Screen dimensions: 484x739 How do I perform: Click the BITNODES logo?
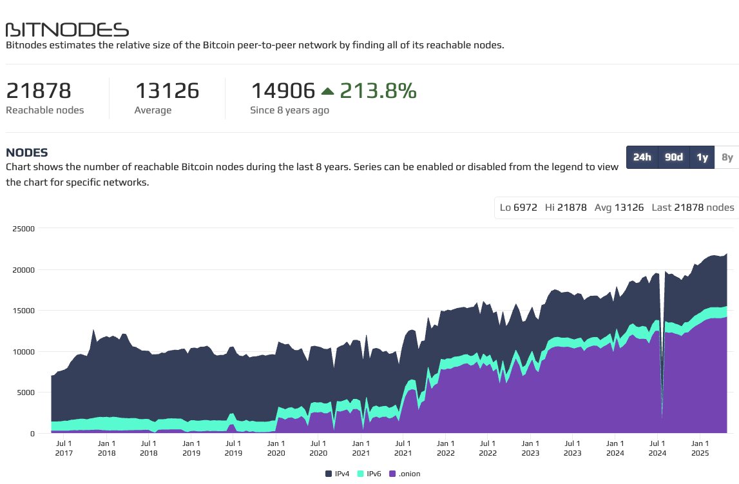(x=67, y=30)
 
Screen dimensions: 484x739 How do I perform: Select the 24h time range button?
(x=642, y=157)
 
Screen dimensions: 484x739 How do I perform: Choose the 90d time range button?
(x=674, y=157)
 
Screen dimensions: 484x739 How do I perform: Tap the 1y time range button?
(x=702, y=157)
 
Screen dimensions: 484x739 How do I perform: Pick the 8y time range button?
(x=727, y=157)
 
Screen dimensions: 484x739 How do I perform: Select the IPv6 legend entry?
(x=370, y=474)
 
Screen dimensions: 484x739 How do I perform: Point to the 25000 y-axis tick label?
(x=23, y=228)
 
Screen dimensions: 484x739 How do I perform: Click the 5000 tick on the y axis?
(x=25, y=392)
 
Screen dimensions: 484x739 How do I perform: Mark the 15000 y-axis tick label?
(x=23, y=310)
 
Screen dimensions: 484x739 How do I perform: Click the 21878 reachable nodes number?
(x=39, y=91)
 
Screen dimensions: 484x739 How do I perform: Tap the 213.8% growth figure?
(x=378, y=91)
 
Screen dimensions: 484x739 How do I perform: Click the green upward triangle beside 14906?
(x=327, y=92)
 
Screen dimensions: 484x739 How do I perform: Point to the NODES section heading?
(x=26, y=153)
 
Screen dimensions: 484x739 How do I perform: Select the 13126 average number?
(x=167, y=91)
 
